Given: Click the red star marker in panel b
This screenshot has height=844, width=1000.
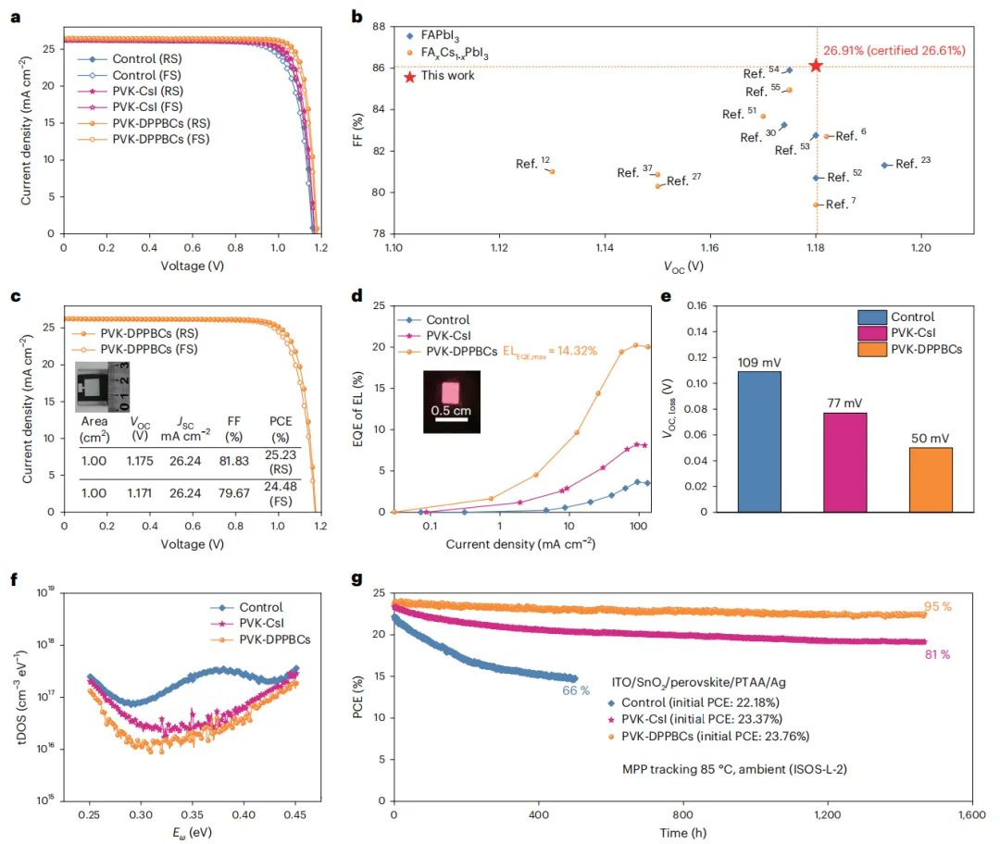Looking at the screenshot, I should pos(815,66).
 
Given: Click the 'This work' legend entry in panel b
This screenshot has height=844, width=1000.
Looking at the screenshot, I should pos(447,76).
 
